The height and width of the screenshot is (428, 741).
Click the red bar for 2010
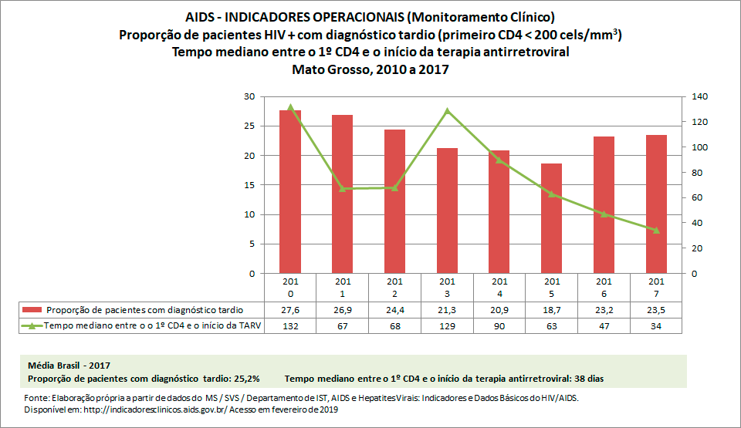click(289, 193)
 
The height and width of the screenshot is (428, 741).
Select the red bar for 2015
click(551, 219)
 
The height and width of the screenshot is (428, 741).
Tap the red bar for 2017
click(656, 204)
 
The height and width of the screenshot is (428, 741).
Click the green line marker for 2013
click(447, 111)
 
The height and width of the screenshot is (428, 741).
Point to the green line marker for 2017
click(656, 230)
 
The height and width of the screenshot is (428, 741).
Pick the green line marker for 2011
click(342, 188)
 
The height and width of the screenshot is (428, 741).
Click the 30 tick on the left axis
click(249, 96)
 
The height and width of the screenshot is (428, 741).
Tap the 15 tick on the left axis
click(249, 185)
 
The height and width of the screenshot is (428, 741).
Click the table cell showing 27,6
click(289, 309)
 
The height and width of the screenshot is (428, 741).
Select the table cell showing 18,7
click(551, 309)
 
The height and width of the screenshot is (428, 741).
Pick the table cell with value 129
click(447, 326)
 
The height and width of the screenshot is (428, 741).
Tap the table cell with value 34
click(656, 326)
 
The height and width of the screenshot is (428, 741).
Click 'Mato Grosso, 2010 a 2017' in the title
click(370, 69)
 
